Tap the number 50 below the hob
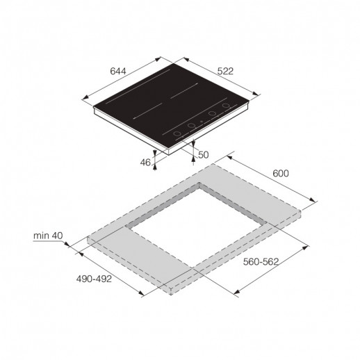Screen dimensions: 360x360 click(203, 155)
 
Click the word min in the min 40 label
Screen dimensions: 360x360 click(41, 236)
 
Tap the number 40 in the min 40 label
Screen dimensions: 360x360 click(58, 236)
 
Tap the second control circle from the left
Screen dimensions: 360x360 click(190, 125)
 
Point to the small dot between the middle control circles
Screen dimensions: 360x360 click(200, 121)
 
